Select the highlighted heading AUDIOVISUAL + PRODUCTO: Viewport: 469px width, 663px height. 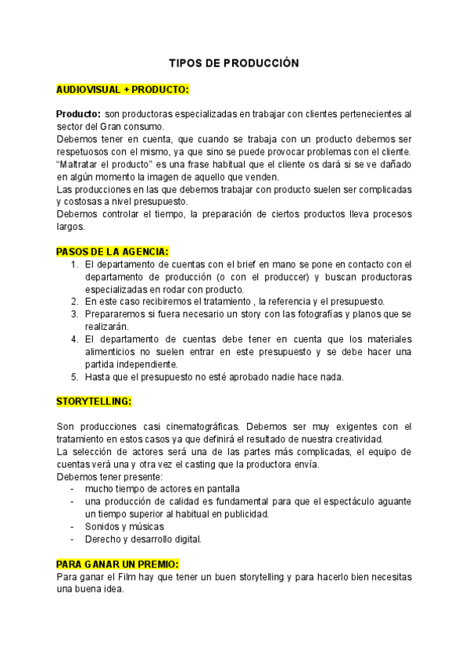click(123, 89)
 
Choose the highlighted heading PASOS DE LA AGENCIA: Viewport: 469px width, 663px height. click(112, 251)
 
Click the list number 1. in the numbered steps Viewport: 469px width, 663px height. click(75, 264)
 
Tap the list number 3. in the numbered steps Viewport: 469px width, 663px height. click(75, 314)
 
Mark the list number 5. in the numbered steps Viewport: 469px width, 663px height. click(75, 376)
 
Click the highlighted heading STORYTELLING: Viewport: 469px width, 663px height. click(94, 401)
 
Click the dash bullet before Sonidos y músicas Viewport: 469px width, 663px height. click(73, 526)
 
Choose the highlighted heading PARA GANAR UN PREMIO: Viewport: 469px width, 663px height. click(118, 564)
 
